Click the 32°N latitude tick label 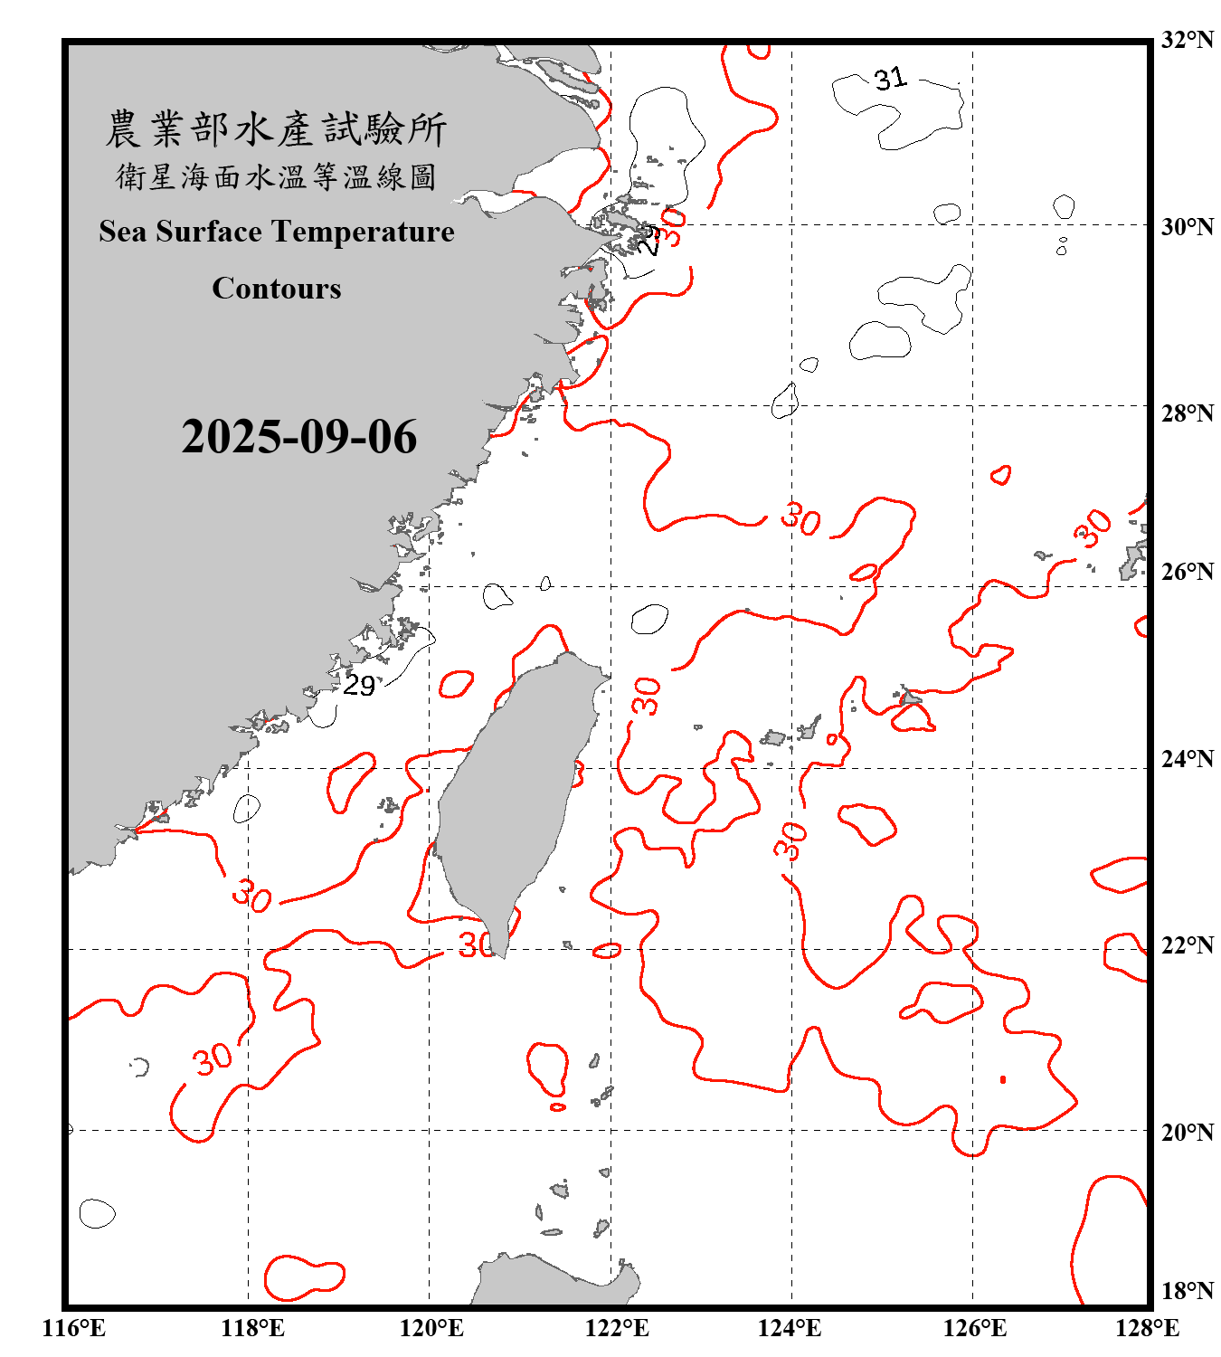pyautogui.click(x=1187, y=40)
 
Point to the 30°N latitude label pyautogui.click(x=1187, y=227)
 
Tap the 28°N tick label pyautogui.click(x=1187, y=413)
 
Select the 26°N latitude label pyautogui.click(x=1187, y=572)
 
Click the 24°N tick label pyautogui.click(x=1187, y=758)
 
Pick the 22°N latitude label pyautogui.click(x=1187, y=945)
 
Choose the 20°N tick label pyautogui.click(x=1187, y=1132)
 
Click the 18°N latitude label pyautogui.click(x=1187, y=1291)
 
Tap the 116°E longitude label pyautogui.click(x=74, y=1328)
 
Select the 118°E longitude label pyautogui.click(x=253, y=1328)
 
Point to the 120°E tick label pyautogui.click(x=432, y=1328)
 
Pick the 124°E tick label pyautogui.click(x=790, y=1328)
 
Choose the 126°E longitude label pyautogui.click(x=974, y=1328)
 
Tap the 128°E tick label pyautogui.click(x=1147, y=1328)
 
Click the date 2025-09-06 pyautogui.click(x=299, y=437)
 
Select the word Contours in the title pyautogui.click(x=277, y=289)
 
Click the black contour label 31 pyautogui.click(x=890, y=79)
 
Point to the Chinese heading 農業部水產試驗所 pyautogui.click(x=276, y=128)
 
